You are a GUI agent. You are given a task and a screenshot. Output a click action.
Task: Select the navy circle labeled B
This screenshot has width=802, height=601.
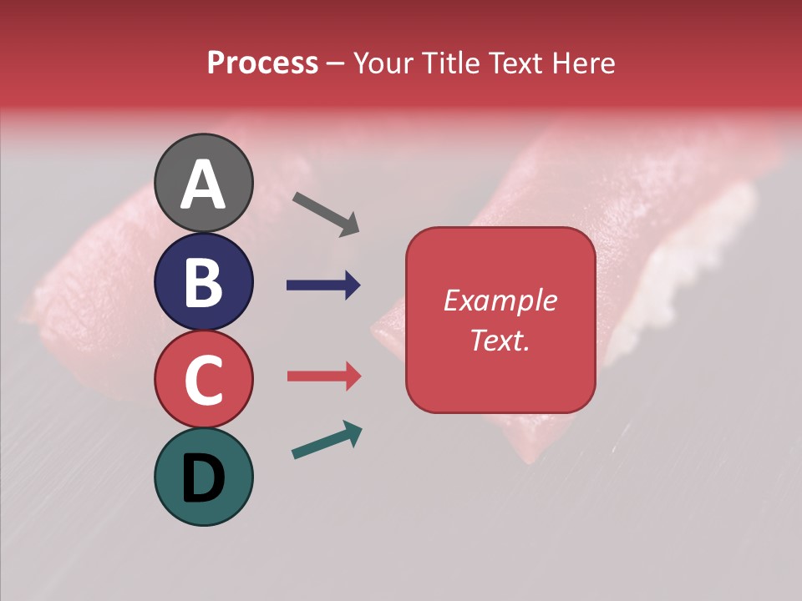pyautogui.click(x=203, y=281)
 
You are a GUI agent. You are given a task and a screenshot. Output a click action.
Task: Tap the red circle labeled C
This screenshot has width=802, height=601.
pyautogui.click(x=203, y=379)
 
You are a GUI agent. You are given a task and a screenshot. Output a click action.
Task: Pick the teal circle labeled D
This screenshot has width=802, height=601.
pyautogui.click(x=203, y=477)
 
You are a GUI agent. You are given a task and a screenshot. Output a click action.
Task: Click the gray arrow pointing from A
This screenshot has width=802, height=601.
pyautogui.click(x=326, y=214)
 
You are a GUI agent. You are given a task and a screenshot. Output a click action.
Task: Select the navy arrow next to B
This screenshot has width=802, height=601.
pyautogui.click(x=323, y=285)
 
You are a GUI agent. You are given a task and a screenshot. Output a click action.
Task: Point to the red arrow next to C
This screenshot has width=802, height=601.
pyautogui.click(x=323, y=376)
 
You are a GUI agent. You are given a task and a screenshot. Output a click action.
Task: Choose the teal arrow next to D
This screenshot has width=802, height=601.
pyautogui.click(x=327, y=440)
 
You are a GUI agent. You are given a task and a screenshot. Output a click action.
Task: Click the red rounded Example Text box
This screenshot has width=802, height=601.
pyautogui.click(x=500, y=320)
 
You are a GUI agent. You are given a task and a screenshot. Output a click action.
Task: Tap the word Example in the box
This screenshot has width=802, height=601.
pyautogui.click(x=500, y=300)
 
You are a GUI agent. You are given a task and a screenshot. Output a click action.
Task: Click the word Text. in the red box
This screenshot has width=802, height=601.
pyautogui.click(x=500, y=340)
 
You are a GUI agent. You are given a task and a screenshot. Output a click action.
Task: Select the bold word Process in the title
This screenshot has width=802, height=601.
pyautogui.click(x=262, y=63)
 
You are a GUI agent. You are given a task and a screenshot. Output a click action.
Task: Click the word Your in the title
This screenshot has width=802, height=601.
pyautogui.click(x=384, y=63)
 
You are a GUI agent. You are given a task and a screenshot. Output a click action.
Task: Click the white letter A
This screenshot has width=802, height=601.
pyautogui.click(x=203, y=184)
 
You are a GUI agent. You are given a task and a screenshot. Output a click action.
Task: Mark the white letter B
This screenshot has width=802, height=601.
pyautogui.click(x=203, y=282)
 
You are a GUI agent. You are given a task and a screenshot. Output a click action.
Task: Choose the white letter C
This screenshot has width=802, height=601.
pyautogui.click(x=203, y=380)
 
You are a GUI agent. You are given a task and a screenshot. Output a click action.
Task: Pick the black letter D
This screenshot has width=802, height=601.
pyautogui.click(x=203, y=478)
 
